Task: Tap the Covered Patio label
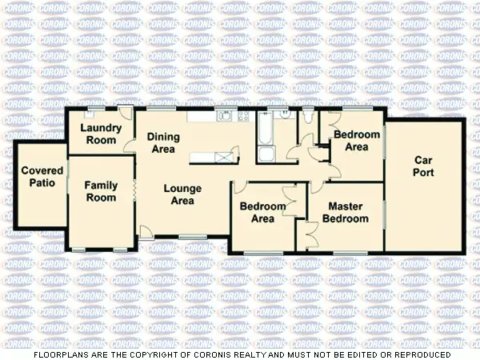coord(42,176)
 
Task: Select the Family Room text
coord(101,191)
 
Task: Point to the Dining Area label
coord(163,142)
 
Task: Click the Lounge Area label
coord(182,194)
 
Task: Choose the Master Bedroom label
coord(346,212)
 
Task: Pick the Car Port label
coord(423,166)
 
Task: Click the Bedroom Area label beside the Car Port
coord(350,140)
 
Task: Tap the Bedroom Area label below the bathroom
coord(262,212)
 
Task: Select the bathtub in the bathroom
coord(265,127)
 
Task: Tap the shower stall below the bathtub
coord(266,154)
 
